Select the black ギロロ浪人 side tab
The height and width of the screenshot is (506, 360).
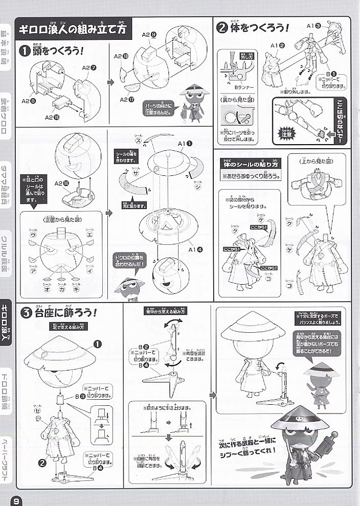pos(7,317)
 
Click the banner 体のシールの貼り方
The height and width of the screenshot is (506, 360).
pos(250,165)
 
